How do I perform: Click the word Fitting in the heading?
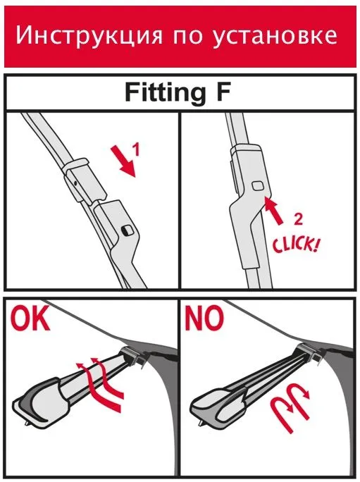[165, 93]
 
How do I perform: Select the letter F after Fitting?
[223, 92]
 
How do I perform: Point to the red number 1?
[136, 150]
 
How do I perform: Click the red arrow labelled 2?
[274, 211]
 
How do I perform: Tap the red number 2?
[297, 219]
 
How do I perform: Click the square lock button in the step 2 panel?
[258, 185]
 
